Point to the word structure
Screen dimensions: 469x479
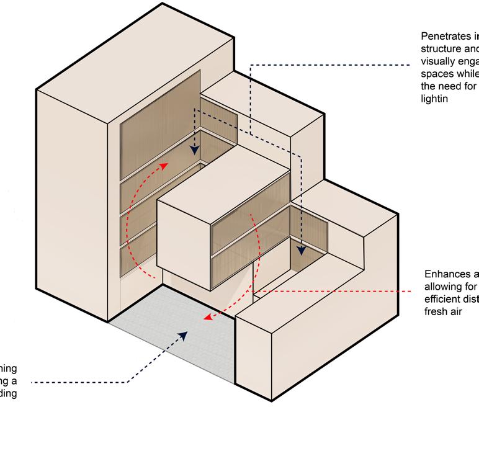click(441, 49)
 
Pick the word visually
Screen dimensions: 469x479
click(438, 61)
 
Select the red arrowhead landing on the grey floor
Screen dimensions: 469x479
click(208, 319)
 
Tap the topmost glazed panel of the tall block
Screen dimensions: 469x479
click(159, 112)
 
